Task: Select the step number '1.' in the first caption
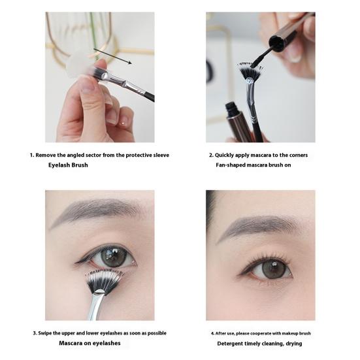coord(32,155)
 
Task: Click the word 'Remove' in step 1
coord(47,155)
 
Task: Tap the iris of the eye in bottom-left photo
coord(112,256)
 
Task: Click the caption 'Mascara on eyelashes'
coord(90,343)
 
